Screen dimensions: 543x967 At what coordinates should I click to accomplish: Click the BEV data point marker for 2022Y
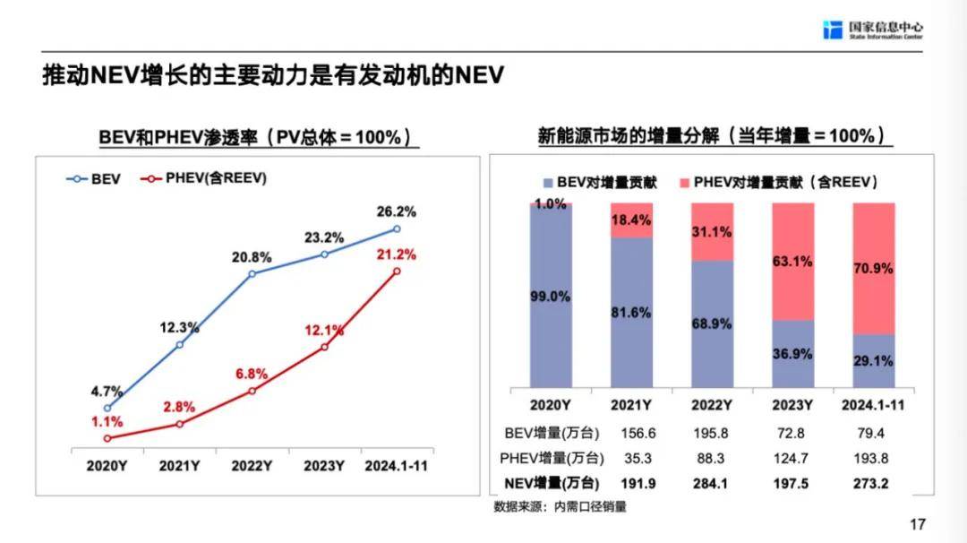point(252,273)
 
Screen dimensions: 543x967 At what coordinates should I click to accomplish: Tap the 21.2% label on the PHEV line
point(398,254)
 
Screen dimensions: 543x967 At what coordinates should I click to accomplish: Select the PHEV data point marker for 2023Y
point(324,347)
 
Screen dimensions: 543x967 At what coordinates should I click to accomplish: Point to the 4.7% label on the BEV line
point(107,391)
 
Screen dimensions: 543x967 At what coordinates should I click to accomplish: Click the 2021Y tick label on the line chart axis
point(179,466)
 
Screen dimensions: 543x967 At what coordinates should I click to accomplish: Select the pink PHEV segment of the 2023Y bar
point(793,261)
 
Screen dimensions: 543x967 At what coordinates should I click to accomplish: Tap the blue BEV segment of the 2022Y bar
point(712,323)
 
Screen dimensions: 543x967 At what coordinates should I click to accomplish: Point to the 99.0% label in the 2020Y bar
point(550,297)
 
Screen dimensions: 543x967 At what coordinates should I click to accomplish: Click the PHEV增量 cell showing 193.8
point(874,459)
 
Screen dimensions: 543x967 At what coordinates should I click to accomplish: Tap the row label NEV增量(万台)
point(550,484)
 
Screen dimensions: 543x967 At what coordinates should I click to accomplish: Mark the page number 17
point(916,524)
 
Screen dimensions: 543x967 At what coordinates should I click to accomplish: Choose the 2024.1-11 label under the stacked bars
point(874,404)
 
